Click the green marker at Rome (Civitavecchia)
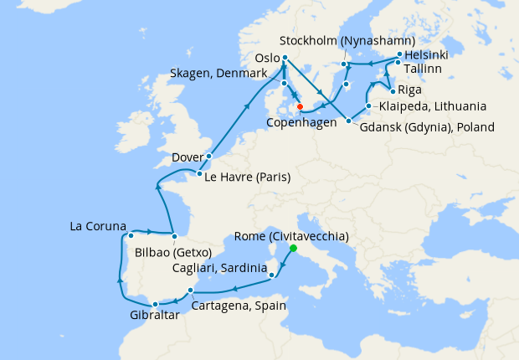pos(293,249)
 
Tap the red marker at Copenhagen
pos(300,107)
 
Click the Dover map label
pos(188,157)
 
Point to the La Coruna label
pos(98,227)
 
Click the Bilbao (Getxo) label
pos(172,252)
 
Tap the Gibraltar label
pos(154,316)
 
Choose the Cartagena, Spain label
pos(239,306)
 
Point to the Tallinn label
pos(426,69)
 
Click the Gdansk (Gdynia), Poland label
pos(427,127)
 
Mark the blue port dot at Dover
pos(209,157)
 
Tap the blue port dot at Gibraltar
pos(155,304)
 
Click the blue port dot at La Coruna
pos(131,236)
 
